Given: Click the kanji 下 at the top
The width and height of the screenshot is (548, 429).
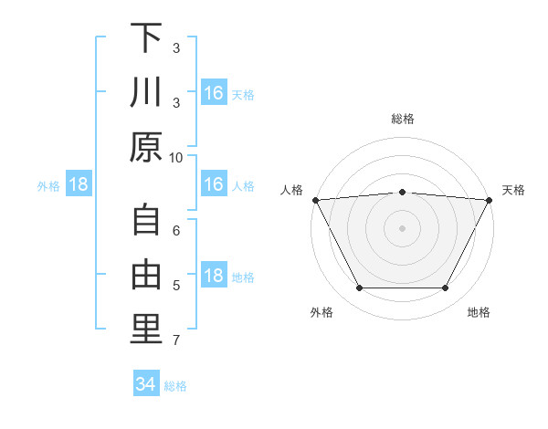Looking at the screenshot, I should [x=146, y=39].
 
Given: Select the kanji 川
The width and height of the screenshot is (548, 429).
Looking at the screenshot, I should [x=146, y=93].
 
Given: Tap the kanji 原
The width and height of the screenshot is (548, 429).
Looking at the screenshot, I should [x=146, y=147].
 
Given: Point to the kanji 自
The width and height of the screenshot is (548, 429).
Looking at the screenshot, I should [x=146, y=219].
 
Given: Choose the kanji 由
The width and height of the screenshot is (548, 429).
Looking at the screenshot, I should [x=146, y=273].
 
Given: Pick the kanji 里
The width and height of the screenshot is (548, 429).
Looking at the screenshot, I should [x=146, y=328].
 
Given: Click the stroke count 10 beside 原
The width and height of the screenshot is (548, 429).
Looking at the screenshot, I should [x=176, y=157].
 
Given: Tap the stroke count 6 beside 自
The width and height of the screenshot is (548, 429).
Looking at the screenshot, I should [x=176, y=231].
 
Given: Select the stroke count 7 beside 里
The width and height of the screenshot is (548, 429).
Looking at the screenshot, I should [x=176, y=340].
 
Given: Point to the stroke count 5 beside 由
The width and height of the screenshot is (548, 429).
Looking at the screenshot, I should [x=176, y=286].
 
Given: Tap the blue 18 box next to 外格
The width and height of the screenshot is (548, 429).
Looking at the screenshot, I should [x=79, y=185].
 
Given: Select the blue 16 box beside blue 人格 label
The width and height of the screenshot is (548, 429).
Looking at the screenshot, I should [x=213, y=185].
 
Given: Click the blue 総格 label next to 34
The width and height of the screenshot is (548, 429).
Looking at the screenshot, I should [x=175, y=386].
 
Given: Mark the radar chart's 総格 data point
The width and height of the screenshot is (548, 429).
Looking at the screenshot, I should [x=402, y=192].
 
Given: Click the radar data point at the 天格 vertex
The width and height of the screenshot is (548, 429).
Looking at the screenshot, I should [x=490, y=199].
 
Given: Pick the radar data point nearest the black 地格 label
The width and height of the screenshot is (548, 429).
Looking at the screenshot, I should [x=445, y=288].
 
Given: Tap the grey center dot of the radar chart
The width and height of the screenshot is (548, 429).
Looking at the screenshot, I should [x=402, y=228].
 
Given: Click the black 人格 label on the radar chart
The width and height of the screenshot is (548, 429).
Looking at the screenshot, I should [x=292, y=190].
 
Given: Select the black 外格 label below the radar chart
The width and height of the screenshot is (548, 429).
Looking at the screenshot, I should [x=321, y=312].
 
